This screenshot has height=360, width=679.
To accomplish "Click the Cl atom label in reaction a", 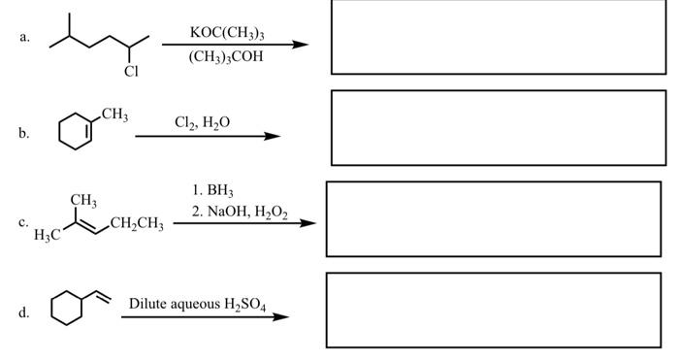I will pos(131,71).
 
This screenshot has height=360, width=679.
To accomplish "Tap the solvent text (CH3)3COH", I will pos(226,56).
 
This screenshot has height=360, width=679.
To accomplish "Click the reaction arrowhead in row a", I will pos(302,45).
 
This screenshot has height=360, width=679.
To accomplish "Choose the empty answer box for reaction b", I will pos(499,128).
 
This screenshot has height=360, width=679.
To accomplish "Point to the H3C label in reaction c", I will pos(48,236).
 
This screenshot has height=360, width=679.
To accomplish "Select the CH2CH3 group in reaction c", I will pos(138,225).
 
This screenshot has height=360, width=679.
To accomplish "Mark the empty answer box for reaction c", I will pos(493,219).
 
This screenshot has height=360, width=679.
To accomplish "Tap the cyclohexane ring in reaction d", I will pos(70,312).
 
